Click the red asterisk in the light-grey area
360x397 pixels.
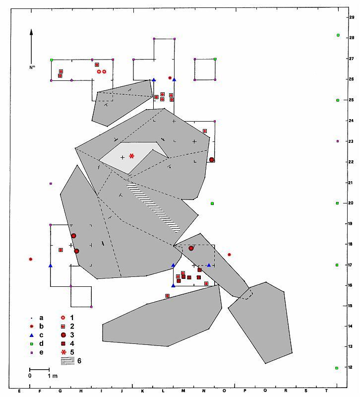pyautogui.click(x=131, y=156)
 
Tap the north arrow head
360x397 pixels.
pyautogui.click(x=31, y=32)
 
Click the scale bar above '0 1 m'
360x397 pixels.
pyautogui.click(x=39, y=370)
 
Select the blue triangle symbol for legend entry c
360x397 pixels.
pyautogui.click(x=32, y=335)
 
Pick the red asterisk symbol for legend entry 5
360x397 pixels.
pyautogui.click(x=63, y=352)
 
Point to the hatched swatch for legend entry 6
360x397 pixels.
pyautogui.click(x=67, y=361)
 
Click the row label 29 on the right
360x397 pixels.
pyautogui.click(x=352, y=17)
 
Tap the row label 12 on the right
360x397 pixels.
pyautogui.click(x=350, y=367)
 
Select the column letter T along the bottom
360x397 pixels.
pyautogui.click(x=326, y=391)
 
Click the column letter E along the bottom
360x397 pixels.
pyautogui.click(x=19, y=391)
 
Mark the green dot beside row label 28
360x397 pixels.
pyautogui.click(x=338, y=35)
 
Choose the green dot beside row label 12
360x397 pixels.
pyautogui.click(x=337, y=368)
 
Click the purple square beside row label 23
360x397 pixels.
pyautogui.click(x=338, y=141)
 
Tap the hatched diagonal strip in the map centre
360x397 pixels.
pyautogui.click(x=153, y=207)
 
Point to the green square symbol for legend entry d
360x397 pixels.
pyautogui.click(x=32, y=344)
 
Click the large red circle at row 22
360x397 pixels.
pyautogui.click(x=212, y=159)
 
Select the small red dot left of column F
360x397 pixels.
pyautogui.click(x=31, y=259)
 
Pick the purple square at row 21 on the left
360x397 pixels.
pyautogui.click(x=51, y=183)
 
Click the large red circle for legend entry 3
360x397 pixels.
pyautogui.click(x=63, y=335)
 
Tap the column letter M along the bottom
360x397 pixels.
pyautogui.click(x=183, y=391)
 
